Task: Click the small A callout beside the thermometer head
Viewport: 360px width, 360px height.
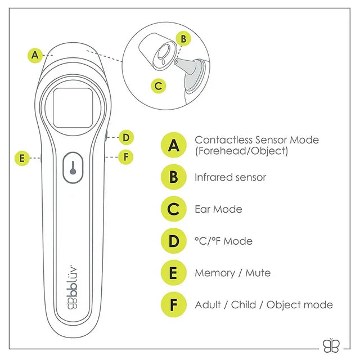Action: pyautogui.click(x=35, y=55)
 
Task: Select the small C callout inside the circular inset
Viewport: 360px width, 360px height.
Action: pyautogui.click(x=159, y=85)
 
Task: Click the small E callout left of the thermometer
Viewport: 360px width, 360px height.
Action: pyautogui.click(x=22, y=159)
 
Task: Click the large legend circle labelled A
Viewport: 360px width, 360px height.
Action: pyautogui.click(x=174, y=145)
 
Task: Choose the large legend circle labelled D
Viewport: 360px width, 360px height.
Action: pyautogui.click(x=174, y=241)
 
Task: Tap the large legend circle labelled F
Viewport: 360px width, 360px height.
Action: pyautogui.click(x=174, y=305)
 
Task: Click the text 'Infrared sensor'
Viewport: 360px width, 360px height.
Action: pyautogui.click(x=231, y=177)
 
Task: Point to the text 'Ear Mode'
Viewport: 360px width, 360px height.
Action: pyautogui.click(x=218, y=209)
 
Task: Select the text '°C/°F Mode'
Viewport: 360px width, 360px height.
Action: pyautogui.click(x=223, y=241)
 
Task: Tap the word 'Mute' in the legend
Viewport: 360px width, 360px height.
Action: pyautogui.click(x=258, y=273)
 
